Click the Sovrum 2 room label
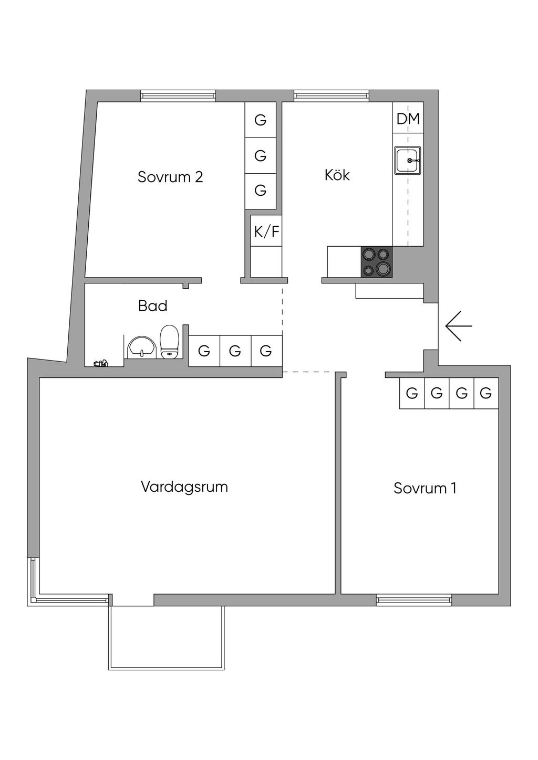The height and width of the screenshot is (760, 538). tap(170, 177)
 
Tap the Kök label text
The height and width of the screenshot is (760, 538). tap(337, 175)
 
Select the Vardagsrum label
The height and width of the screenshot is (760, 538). tap(184, 487)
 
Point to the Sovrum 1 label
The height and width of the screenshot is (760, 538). tap(425, 488)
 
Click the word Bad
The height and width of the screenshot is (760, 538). tap(152, 305)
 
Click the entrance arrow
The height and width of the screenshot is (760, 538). tap(458, 326)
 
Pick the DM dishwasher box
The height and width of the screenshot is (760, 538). tap(408, 119)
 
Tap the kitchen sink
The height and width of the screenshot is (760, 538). tap(408, 160)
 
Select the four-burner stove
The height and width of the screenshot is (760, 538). tap(376, 261)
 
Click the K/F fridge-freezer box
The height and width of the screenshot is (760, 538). tap(266, 231)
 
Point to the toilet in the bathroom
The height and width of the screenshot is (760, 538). tap(169, 341)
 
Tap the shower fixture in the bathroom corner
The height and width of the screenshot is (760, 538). tap(100, 363)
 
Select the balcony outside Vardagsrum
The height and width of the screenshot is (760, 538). tap(167, 637)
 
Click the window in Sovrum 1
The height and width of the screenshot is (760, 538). tap(414, 599)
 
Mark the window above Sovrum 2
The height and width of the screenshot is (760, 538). tap(178, 96)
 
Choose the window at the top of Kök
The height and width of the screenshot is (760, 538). tap(332, 96)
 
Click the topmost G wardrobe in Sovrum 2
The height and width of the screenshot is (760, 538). tap(261, 120)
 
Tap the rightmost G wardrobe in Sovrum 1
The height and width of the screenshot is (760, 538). tap(486, 393)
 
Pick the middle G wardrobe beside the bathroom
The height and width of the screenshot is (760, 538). tap(235, 351)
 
